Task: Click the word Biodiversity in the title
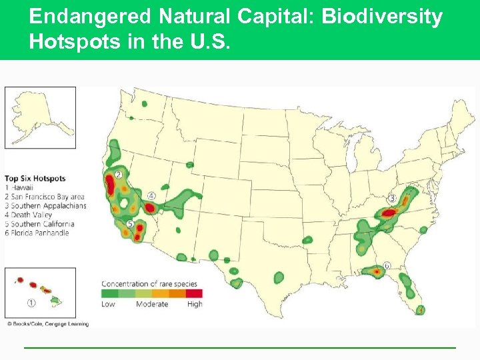(x=382, y=16)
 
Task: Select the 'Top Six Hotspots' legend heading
(x=35, y=178)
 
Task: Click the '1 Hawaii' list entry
(x=20, y=187)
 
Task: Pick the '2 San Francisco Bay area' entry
(x=45, y=197)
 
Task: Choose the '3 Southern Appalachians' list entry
(x=45, y=206)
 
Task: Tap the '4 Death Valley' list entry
(x=31, y=215)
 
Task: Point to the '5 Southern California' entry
(x=39, y=224)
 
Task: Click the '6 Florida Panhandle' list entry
(x=37, y=233)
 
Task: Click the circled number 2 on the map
(x=118, y=175)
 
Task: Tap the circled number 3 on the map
(x=392, y=198)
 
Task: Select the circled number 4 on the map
(x=151, y=196)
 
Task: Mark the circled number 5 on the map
(x=130, y=224)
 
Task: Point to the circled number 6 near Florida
(x=387, y=265)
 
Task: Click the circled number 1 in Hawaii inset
(x=31, y=303)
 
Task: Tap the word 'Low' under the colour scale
(x=108, y=304)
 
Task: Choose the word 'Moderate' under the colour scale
(x=152, y=304)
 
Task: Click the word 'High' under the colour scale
(x=195, y=304)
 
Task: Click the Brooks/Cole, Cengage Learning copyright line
(x=48, y=323)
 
